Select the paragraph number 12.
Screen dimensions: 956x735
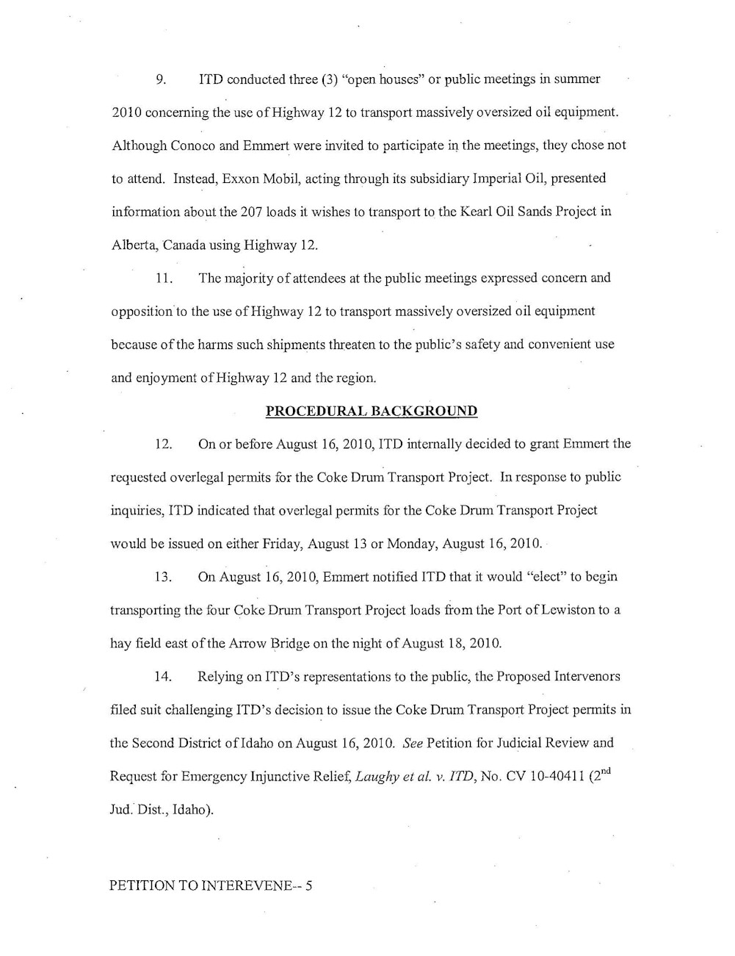click(x=164, y=445)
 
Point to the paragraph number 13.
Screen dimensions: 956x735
click(x=164, y=577)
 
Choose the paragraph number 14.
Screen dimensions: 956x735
click(x=164, y=677)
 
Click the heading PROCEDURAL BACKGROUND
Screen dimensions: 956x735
click(x=372, y=411)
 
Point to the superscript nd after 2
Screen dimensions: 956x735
click(x=604, y=771)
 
